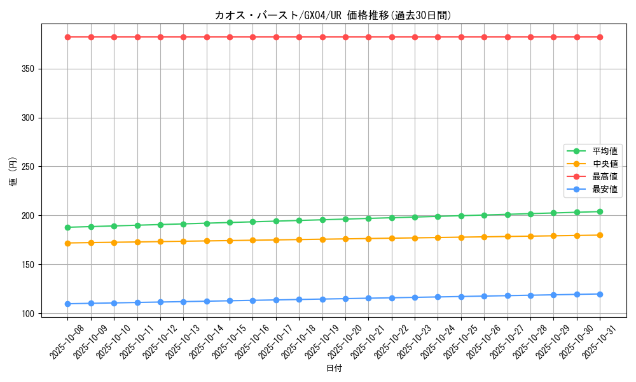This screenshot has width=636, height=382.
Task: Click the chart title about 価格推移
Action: [x=334, y=15]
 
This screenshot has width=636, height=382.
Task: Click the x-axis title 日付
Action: [x=334, y=369]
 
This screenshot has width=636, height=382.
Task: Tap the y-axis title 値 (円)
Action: [x=13, y=172]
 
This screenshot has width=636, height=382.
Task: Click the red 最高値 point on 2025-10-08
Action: [x=68, y=37]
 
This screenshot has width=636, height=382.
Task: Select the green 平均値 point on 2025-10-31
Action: [x=600, y=211]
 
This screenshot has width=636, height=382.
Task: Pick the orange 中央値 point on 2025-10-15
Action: [x=230, y=241]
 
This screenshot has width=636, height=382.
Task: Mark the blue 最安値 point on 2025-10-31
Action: [x=600, y=294]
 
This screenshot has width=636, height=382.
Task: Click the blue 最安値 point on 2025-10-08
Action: [x=68, y=304]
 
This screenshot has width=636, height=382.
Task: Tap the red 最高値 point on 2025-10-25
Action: [x=461, y=37]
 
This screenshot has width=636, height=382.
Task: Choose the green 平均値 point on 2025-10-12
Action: [x=160, y=225]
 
